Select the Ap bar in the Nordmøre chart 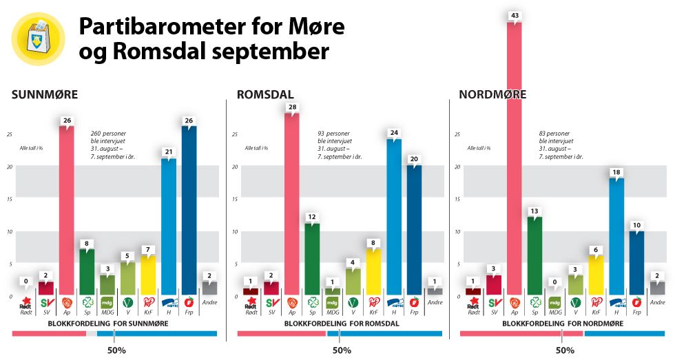(514, 158)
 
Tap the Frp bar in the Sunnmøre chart (189, 210)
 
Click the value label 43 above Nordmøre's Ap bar (514, 16)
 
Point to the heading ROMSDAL (265, 94)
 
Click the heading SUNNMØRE (45, 94)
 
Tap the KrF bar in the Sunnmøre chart (148, 274)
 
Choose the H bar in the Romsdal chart (394, 217)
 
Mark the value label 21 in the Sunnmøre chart (169, 152)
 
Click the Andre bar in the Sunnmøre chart (209, 288)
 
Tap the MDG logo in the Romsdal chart (332, 301)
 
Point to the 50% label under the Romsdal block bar (342, 350)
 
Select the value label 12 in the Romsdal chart (311, 217)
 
